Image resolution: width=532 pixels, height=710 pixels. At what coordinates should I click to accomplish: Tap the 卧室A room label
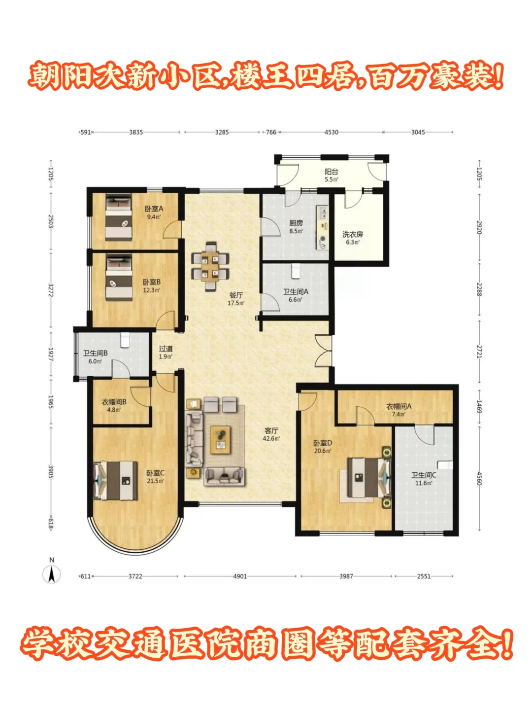tap(154, 209)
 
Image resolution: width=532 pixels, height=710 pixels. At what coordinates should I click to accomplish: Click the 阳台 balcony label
tap(332, 172)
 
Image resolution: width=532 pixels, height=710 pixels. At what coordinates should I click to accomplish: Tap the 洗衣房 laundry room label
tap(353, 234)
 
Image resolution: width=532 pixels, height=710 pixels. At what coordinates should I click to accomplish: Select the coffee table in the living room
tap(221, 440)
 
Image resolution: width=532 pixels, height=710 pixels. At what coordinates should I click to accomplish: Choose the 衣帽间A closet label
tap(399, 406)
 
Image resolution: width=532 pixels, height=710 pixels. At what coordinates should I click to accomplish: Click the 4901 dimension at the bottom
tap(240, 576)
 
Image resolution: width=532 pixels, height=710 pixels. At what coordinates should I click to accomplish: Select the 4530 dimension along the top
tap(332, 132)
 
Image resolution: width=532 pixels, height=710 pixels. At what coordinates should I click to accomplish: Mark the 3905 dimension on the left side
tap(51, 472)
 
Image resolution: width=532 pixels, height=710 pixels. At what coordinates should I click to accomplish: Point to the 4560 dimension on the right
tap(479, 478)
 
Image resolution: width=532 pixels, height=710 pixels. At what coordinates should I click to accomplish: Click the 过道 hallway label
tap(166, 349)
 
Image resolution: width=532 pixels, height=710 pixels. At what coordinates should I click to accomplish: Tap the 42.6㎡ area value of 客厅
tap(271, 439)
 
